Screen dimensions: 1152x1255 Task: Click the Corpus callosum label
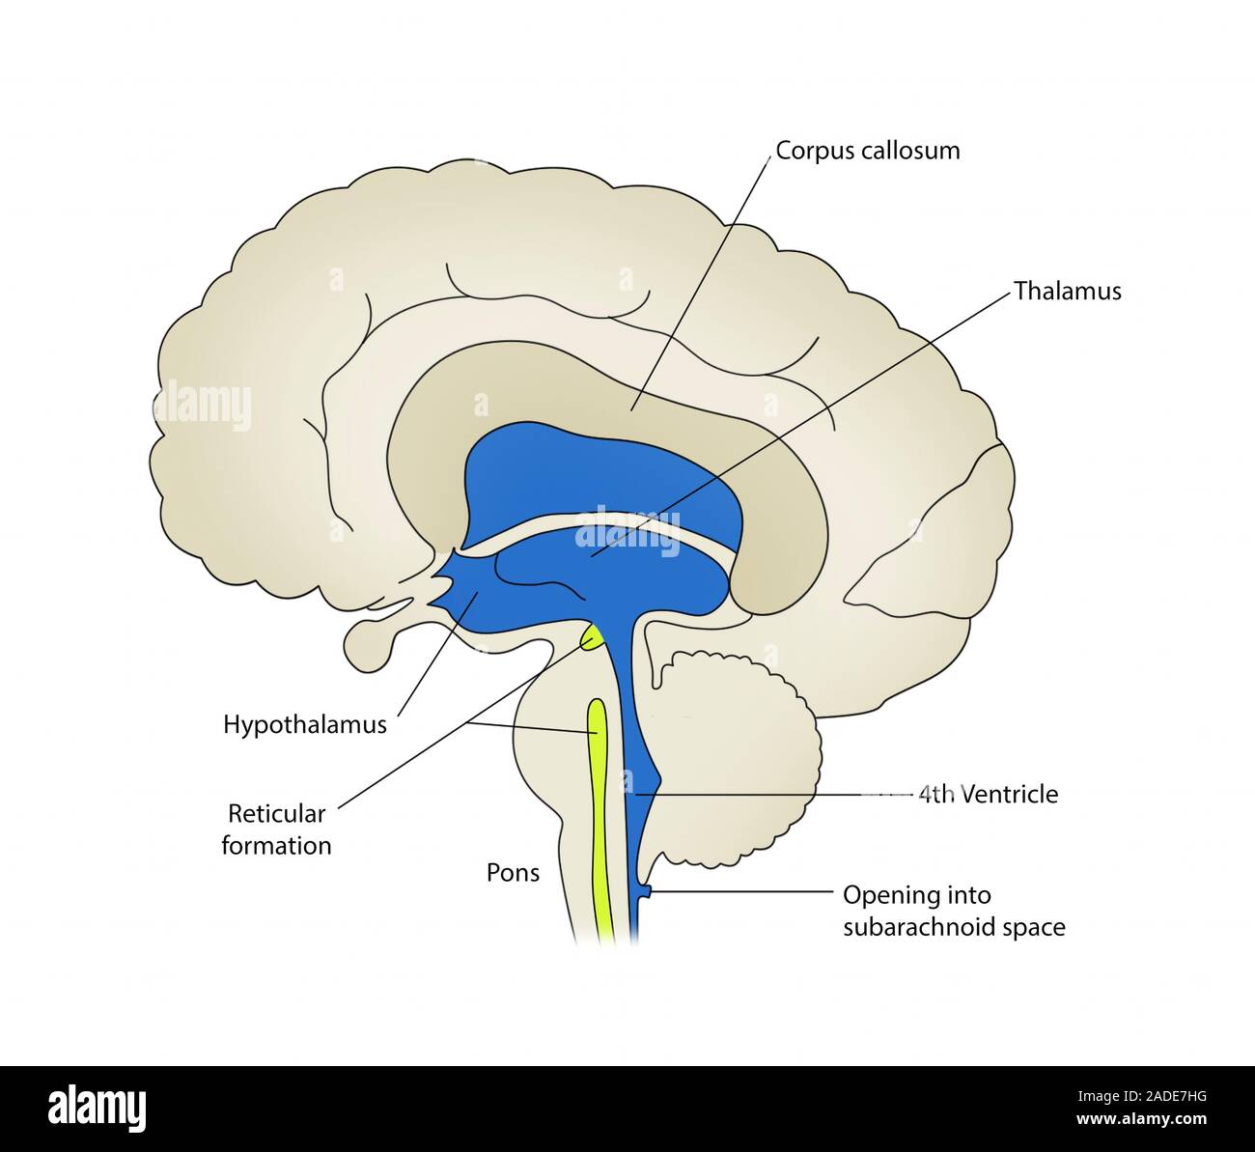pos(868,151)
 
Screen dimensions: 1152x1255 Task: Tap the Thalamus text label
pos(1068,291)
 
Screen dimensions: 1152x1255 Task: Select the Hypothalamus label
pos(305,724)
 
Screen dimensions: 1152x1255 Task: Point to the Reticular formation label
pos(276,829)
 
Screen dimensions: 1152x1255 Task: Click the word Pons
pos(513,874)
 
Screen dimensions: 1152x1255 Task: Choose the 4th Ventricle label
pos(988,795)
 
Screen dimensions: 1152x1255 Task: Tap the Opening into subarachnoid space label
pos(954,912)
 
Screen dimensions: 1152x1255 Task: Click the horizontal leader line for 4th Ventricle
pos(772,795)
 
